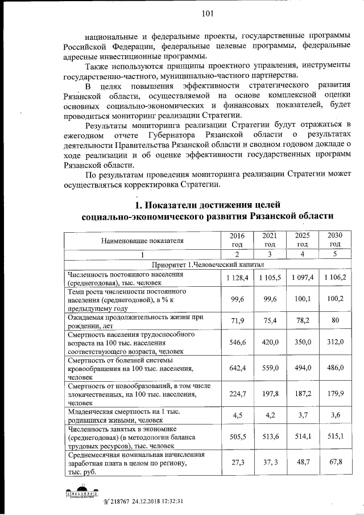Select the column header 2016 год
point(236,240)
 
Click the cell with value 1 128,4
point(236,278)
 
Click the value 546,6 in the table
point(236,344)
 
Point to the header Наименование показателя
point(143,240)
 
